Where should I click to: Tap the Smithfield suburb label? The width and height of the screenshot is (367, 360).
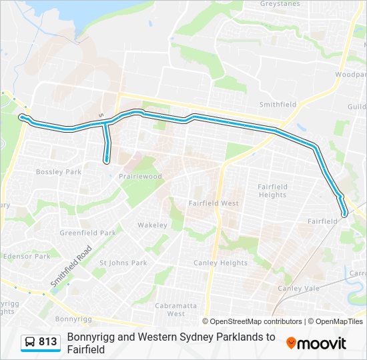tap(278, 105)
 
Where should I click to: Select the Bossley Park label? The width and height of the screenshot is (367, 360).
tap(59, 172)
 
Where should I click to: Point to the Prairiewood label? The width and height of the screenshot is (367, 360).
tap(139, 177)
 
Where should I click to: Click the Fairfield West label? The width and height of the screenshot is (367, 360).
tap(213, 203)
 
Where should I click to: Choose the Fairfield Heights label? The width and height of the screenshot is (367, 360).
tap(272, 191)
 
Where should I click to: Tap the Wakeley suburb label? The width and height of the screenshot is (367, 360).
tap(152, 225)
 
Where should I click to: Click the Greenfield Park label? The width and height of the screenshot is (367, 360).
tap(87, 233)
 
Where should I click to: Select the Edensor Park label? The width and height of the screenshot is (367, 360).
tap(27, 256)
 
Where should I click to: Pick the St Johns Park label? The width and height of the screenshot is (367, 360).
tap(123, 263)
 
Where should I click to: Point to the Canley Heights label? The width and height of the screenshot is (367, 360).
tap(220, 263)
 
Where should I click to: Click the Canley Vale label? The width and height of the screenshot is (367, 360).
tap(298, 288)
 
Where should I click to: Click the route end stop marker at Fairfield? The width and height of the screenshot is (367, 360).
tap(344, 215)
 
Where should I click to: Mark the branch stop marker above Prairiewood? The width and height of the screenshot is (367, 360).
tap(107, 160)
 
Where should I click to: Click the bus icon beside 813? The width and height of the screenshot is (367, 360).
tap(29, 342)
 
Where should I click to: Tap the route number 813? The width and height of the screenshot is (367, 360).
tap(48, 342)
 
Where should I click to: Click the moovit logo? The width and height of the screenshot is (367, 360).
tap(316, 343)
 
